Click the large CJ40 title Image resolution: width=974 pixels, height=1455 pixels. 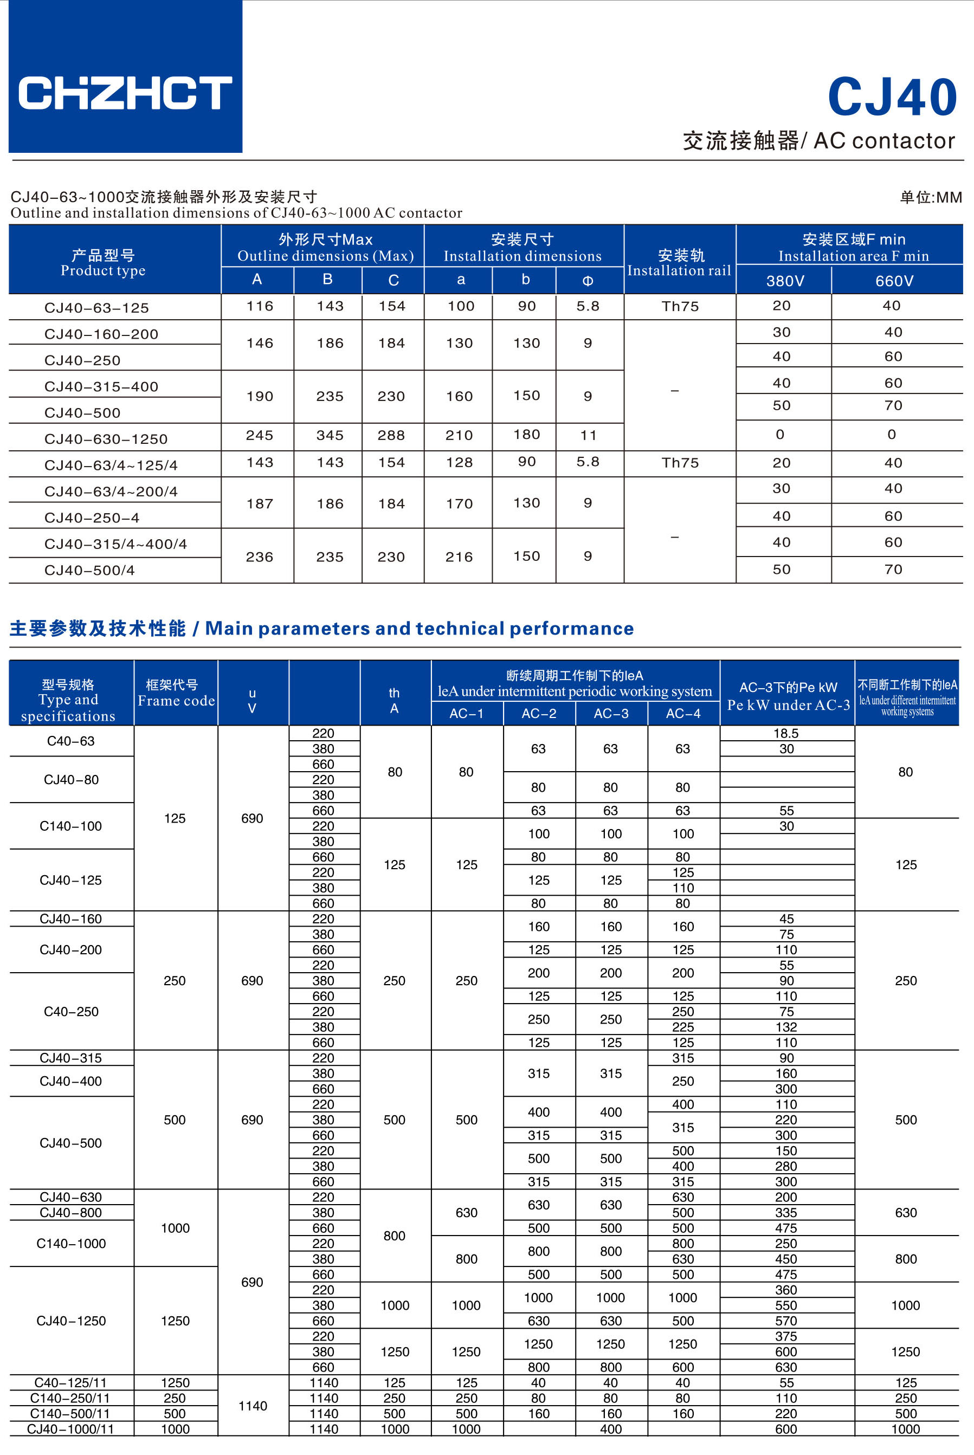[892, 98]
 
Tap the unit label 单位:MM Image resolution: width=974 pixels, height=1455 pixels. [930, 197]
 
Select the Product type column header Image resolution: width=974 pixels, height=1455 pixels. [103, 263]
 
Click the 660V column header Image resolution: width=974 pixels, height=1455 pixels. [894, 281]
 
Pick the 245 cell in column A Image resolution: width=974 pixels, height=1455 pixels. [260, 435]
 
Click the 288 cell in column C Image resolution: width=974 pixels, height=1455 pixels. [391, 435]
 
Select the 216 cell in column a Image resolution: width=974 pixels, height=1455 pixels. [459, 557]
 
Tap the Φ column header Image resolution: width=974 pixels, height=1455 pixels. [588, 281]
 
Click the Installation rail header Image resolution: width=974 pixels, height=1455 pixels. [680, 263]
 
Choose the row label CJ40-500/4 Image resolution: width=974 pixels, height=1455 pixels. [89, 570]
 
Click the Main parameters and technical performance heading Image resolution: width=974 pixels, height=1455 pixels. [420, 629]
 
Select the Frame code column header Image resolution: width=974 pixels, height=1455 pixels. [176, 693]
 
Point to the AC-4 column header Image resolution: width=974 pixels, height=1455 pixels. [683, 714]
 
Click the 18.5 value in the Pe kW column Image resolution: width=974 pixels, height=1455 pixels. [786, 733]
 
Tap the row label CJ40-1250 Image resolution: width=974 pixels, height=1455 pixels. [71, 1321]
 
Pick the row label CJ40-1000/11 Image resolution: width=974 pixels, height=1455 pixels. [71, 1429]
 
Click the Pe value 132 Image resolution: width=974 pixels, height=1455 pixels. [786, 1027]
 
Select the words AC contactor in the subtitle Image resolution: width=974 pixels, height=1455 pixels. [884, 141]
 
